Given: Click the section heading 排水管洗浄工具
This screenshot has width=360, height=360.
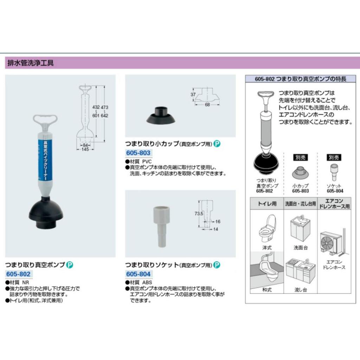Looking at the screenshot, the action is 31,63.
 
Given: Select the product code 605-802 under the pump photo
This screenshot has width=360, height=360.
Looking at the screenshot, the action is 18,274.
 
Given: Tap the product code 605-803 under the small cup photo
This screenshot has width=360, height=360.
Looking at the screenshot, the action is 138,153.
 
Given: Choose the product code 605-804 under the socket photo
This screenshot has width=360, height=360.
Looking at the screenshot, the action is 138,274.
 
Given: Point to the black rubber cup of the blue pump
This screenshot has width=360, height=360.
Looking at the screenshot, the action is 46,213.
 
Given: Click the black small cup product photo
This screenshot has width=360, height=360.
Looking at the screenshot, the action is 161,115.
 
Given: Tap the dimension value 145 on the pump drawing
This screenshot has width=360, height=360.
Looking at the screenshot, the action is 85,149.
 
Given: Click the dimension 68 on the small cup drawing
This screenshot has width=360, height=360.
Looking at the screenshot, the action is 207,105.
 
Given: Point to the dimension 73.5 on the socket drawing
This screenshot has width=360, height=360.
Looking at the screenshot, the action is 199,213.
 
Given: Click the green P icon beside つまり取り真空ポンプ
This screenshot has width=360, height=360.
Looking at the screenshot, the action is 70,265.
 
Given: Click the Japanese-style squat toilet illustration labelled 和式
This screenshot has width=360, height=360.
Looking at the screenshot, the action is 267,269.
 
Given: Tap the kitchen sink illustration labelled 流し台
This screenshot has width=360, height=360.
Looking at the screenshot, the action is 301,272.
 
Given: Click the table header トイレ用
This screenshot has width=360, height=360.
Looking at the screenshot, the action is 267,204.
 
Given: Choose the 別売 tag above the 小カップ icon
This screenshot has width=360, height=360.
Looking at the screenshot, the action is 300,157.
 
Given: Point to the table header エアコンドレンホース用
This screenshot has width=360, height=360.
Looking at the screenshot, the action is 334,204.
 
